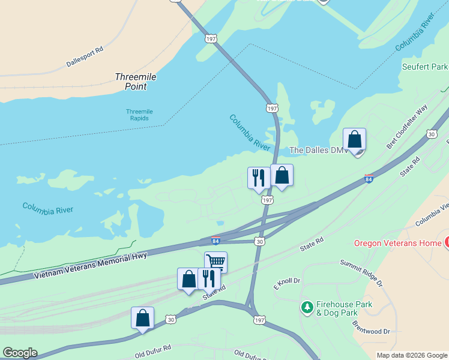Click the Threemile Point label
coord(131,82)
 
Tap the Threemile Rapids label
coord(145,115)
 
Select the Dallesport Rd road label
coord(84,56)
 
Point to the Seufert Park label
coord(425,66)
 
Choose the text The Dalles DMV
coord(318,150)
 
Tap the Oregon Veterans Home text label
coord(397,243)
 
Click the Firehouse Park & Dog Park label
coord(345,308)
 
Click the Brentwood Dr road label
coord(371,328)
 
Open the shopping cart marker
coord(215,262)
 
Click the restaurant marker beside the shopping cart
coord(209,278)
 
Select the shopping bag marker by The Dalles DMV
coord(355,140)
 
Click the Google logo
coord(20,353)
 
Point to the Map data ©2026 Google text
coord(411,355)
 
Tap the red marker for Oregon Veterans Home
coord(447,243)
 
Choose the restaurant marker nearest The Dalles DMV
coord(259,178)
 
